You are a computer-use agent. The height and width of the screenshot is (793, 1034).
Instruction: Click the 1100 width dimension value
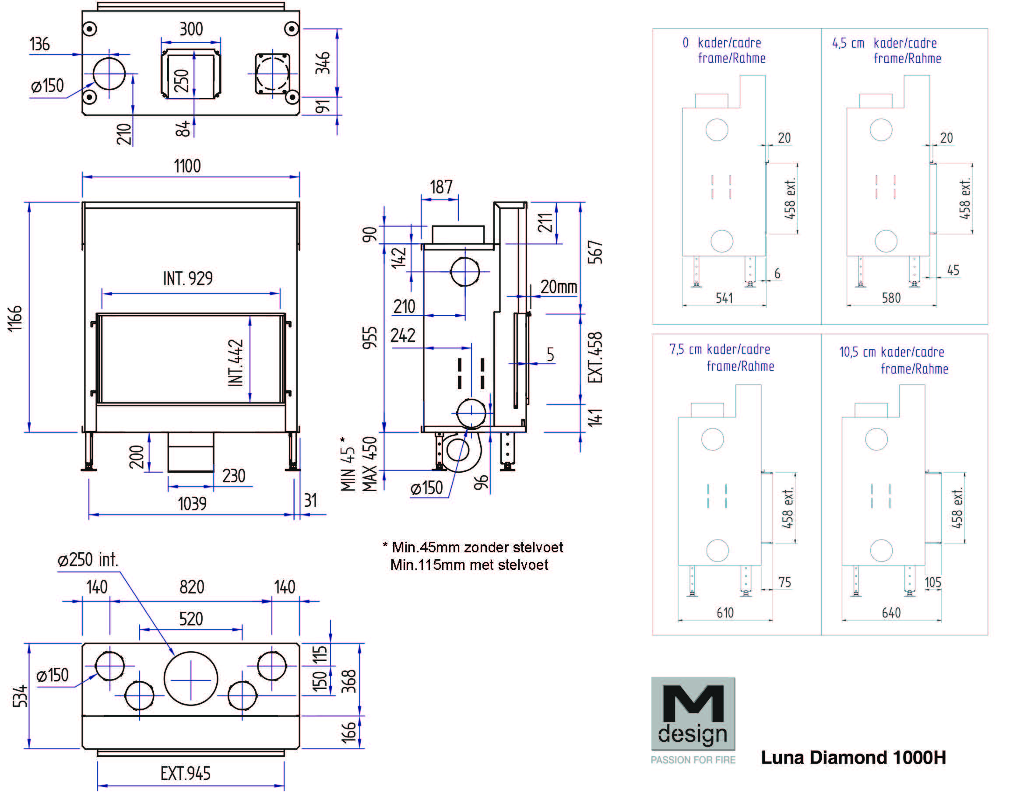pos(187,166)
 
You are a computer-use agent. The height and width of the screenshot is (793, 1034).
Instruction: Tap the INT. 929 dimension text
pos(188,278)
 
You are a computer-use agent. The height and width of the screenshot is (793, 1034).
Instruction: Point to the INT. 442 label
pos(236,362)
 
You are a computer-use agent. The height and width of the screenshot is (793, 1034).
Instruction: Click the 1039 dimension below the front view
pos(192,504)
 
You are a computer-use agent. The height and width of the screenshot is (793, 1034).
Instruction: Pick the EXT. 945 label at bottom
pos(186,774)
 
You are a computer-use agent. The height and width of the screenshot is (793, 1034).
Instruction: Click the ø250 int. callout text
pos(88,560)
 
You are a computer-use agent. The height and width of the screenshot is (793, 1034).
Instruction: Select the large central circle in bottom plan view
pos(191,679)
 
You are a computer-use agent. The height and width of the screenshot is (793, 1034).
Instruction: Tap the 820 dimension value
pos(192,587)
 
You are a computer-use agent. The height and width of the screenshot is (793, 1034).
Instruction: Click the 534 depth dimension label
pos(20,696)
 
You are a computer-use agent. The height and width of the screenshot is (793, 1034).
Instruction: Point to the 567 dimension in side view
pos(595,252)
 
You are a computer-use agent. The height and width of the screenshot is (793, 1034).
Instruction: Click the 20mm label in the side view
pos(559,287)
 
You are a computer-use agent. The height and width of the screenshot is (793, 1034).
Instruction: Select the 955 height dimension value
pos(369,337)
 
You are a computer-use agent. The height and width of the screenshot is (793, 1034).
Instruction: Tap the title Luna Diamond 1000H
pos(853,758)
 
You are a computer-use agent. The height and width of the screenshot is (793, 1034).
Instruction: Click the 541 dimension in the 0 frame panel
pos(724,298)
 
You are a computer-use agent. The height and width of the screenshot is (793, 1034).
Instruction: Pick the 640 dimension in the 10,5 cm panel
pos(891,613)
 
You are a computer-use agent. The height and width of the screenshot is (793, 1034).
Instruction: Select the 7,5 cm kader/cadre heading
pos(720,349)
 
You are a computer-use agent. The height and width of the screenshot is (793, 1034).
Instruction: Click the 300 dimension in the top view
pos(191,29)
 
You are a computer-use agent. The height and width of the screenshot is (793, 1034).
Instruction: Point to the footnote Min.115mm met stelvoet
pos(469,565)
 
